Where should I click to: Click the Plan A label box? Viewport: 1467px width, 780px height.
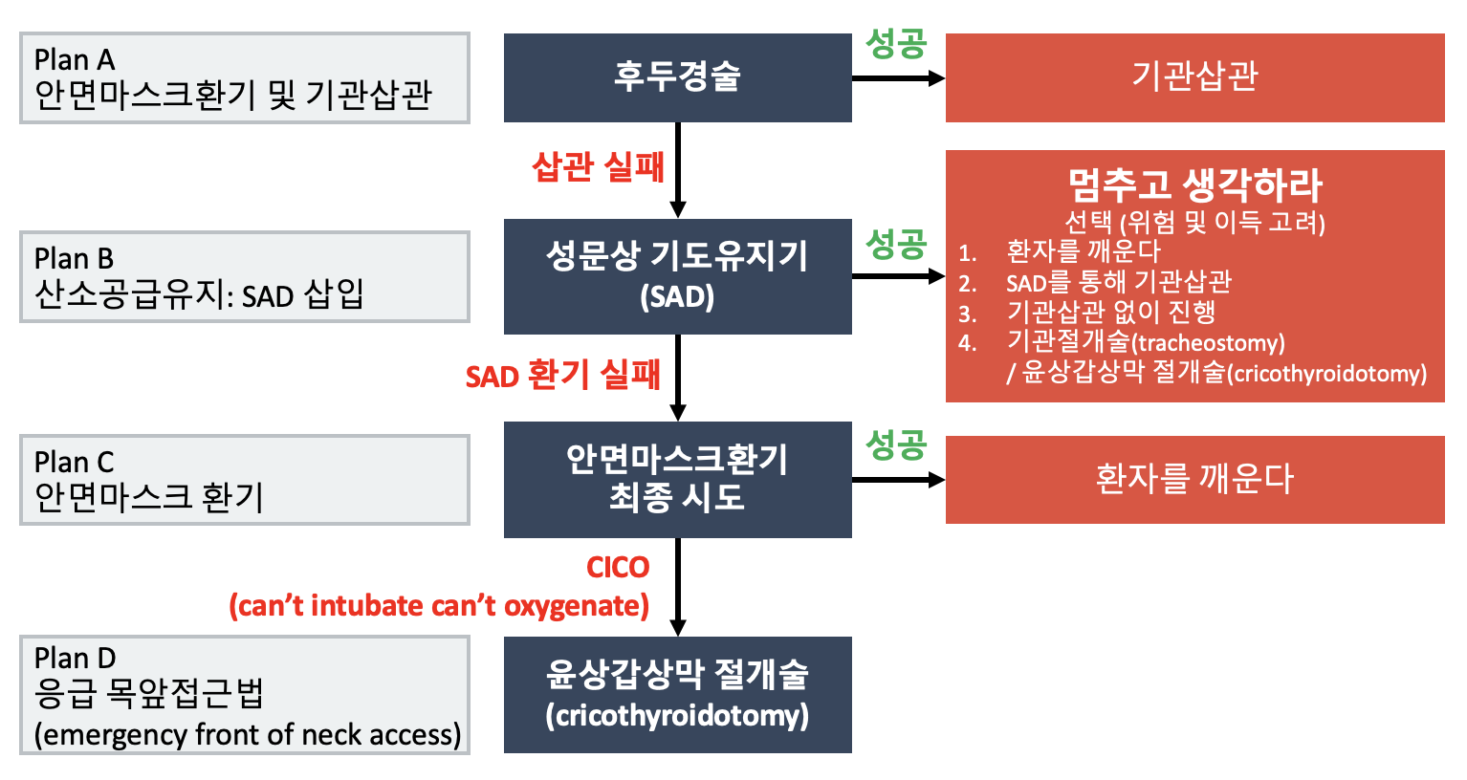click(244, 77)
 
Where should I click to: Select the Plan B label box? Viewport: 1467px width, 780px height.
click(244, 277)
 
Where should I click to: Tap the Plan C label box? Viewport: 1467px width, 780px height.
click(244, 480)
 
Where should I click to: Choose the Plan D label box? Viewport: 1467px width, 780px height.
click(244, 695)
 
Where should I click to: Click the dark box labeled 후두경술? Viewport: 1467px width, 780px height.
click(678, 77)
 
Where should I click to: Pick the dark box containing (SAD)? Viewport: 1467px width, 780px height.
click(678, 277)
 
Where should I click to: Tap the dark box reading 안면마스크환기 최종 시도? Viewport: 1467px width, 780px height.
click(678, 480)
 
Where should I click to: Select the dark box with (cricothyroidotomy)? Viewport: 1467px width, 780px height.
click(678, 695)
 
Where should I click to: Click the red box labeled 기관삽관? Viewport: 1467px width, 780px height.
click(1195, 77)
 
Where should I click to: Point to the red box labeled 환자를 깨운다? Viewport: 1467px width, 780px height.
click(1195, 480)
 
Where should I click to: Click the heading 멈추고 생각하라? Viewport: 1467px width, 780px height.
click(1195, 185)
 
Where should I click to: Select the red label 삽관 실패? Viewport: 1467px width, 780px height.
click(598, 167)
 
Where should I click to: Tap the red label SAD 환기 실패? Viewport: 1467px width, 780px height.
click(563, 375)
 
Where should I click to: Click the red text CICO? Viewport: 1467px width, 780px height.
click(618, 568)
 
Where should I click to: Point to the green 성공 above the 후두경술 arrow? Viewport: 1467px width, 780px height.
click(896, 44)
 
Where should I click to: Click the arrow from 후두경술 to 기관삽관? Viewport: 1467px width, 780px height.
click(899, 78)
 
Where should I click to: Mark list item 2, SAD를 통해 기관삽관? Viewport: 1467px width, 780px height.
click(1119, 283)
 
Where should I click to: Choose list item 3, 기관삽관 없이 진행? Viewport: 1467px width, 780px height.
click(1111, 313)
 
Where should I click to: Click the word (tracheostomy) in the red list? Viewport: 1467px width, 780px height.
click(1208, 343)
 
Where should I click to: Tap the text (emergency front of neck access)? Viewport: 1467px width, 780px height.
click(248, 735)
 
